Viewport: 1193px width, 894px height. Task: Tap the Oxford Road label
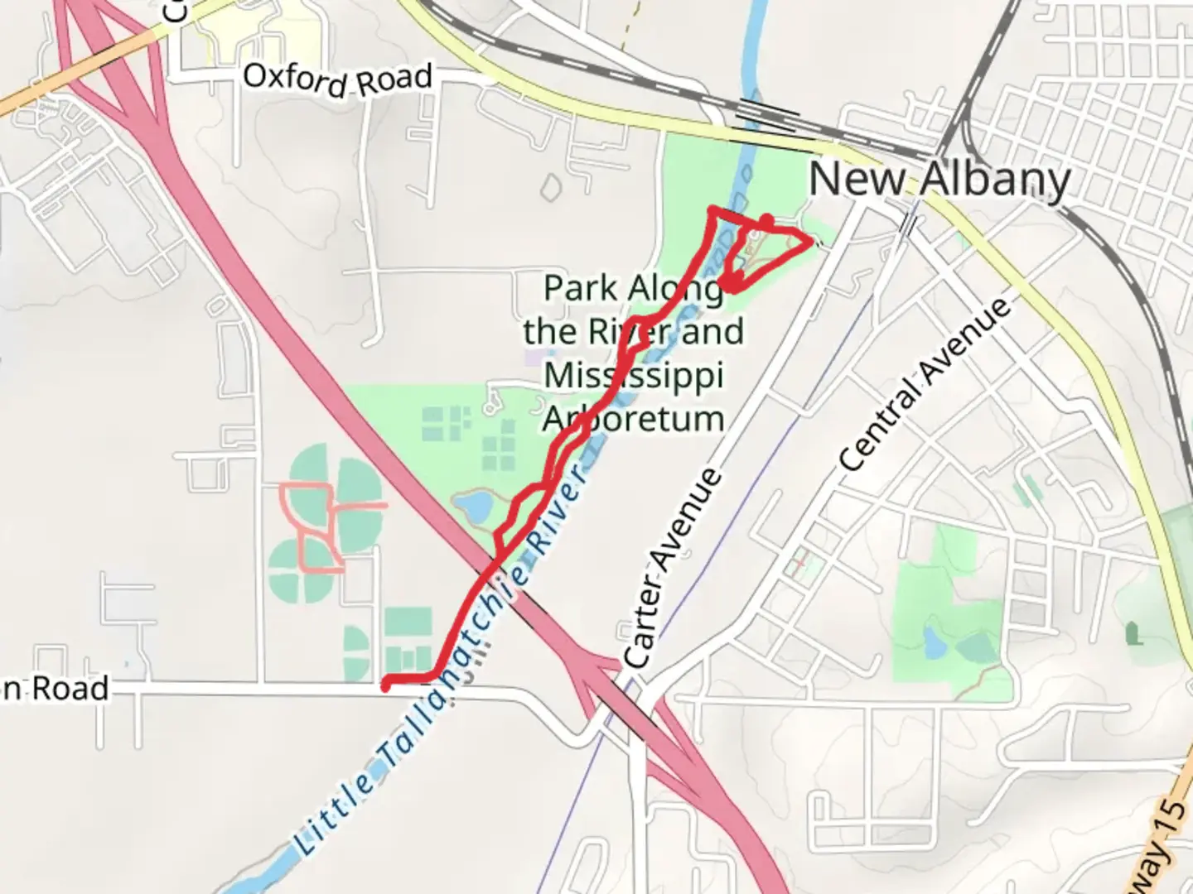337,79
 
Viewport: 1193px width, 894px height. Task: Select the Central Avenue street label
925,385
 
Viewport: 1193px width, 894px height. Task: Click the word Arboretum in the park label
634,419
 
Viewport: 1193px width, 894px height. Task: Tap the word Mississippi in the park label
634,375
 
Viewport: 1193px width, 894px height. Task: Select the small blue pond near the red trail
473,504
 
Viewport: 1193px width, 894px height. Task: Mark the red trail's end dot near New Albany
767,221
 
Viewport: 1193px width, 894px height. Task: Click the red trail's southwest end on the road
386,684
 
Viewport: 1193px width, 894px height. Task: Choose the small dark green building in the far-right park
1133,635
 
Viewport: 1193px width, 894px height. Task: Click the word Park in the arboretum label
580,289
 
